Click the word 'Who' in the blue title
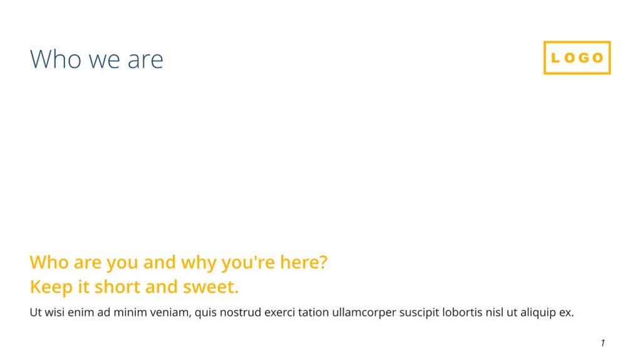56,59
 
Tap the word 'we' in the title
105,61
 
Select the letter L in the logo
555,58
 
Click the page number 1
602,343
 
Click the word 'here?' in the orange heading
304,262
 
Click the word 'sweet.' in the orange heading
210,287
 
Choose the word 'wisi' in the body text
54,312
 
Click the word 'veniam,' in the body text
170,312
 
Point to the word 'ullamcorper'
364,313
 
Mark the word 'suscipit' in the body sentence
419,313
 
